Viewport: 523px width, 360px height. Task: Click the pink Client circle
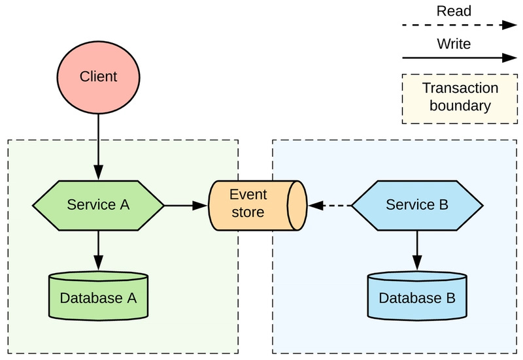point(98,77)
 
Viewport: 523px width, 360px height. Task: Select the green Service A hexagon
point(98,205)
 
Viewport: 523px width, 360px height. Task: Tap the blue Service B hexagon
point(417,205)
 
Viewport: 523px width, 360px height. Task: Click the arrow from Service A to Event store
point(186,205)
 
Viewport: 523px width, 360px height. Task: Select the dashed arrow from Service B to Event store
point(330,205)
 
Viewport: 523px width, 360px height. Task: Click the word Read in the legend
point(453,11)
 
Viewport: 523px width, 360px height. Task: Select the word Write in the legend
point(453,44)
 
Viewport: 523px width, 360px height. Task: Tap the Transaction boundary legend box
point(459,97)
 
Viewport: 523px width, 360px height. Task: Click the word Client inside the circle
point(98,77)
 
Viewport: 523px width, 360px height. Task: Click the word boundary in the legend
point(460,105)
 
